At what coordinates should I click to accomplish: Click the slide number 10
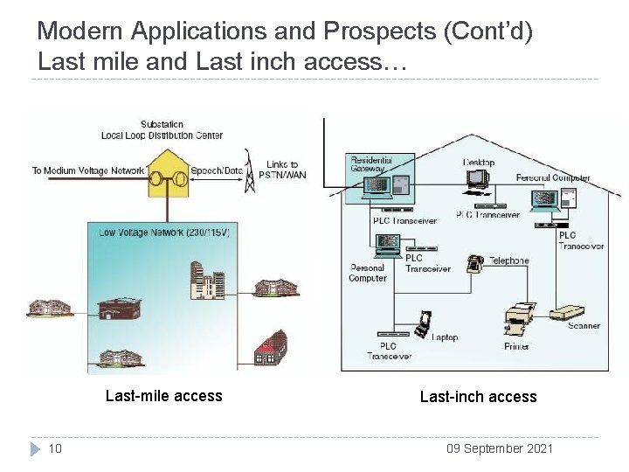coord(54,448)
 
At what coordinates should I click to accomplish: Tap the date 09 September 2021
coord(499,448)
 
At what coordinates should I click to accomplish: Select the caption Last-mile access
coord(163,396)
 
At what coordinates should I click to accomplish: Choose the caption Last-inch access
coord(478,397)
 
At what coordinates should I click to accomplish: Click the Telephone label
coord(508,260)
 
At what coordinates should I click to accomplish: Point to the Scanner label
coord(584,326)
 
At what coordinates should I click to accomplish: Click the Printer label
coord(516,346)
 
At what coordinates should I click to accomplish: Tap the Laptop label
coord(445,337)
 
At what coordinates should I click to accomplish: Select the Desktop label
coord(478,163)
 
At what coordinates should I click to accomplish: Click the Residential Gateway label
coord(371,164)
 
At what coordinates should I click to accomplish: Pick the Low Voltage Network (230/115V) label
coord(164,233)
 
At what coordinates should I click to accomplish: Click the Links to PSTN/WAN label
coord(282,170)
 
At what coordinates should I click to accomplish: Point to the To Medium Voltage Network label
coord(87,170)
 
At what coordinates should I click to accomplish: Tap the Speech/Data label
coord(217,170)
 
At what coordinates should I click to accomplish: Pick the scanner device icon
coord(573,310)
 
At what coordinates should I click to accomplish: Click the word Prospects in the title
coord(381,31)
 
